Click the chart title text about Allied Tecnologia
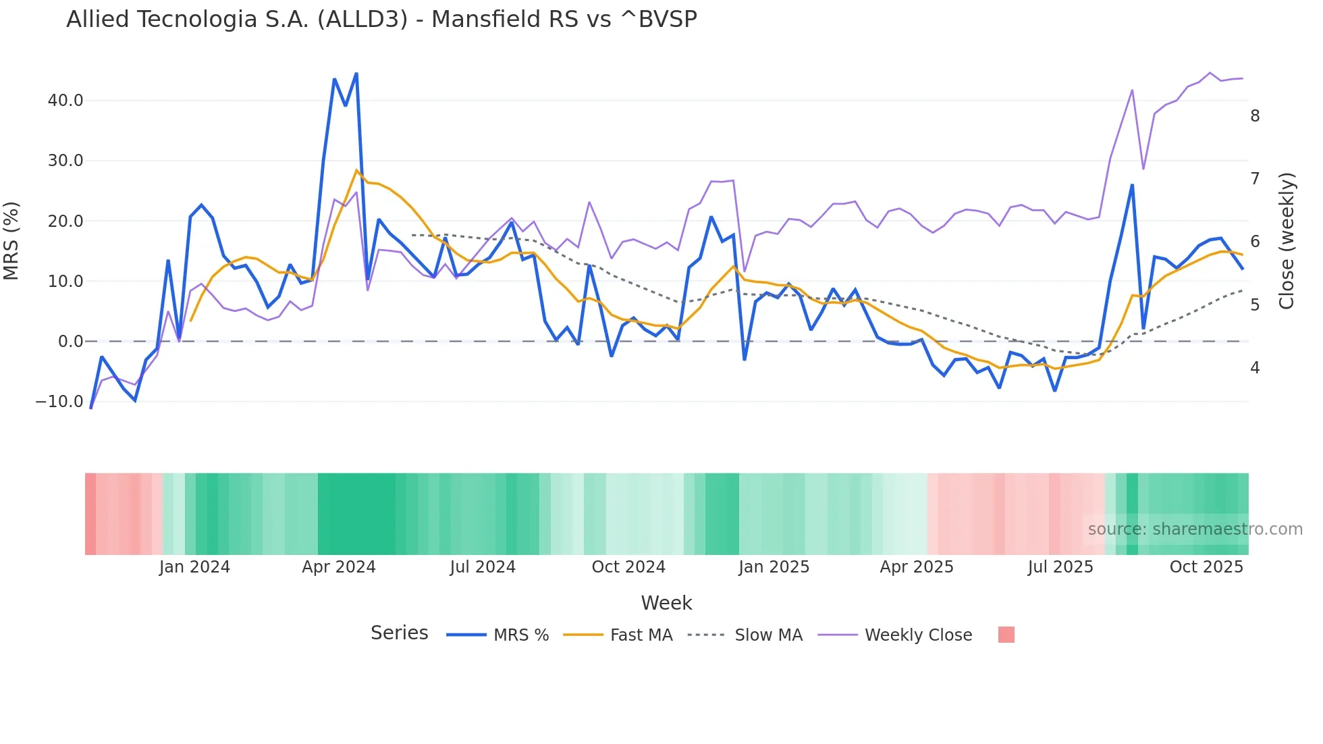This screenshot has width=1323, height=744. [x=381, y=20]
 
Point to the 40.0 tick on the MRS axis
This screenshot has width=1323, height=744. [x=65, y=101]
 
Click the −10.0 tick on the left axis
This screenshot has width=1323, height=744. [x=59, y=402]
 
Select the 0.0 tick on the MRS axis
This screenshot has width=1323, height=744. [x=70, y=342]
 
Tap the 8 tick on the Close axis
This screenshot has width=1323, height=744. [x=1255, y=116]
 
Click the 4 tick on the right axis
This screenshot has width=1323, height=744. [x=1255, y=368]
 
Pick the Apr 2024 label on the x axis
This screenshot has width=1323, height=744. [x=338, y=567]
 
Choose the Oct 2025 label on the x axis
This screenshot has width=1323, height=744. [x=1206, y=567]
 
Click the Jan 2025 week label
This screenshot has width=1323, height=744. [x=774, y=567]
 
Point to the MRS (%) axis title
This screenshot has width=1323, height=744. [x=11, y=240]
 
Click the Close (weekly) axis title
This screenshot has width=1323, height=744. [x=1287, y=240]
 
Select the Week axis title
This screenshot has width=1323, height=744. [x=666, y=603]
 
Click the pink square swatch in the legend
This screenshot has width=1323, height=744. [x=1006, y=635]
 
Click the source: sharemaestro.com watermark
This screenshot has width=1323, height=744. [x=1195, y=529]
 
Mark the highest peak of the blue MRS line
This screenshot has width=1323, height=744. [x=356, y=74]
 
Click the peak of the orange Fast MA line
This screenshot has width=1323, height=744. [x=356, y=170]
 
